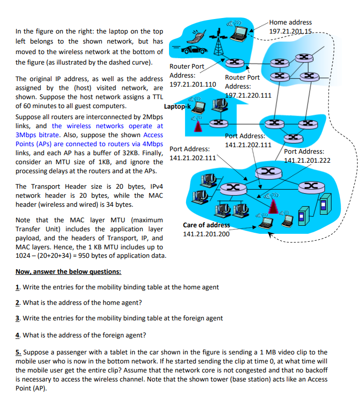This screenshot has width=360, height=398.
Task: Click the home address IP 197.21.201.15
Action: point(290,32)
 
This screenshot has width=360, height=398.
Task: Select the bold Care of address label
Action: point(206,225)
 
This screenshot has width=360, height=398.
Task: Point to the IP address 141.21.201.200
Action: point(206,234)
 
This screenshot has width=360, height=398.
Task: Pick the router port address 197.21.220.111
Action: point(248,95)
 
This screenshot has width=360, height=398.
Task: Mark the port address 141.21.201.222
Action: point(307,161)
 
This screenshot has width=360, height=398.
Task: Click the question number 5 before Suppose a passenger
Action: point(18,352)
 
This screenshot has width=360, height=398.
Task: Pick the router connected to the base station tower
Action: point(232,62)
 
